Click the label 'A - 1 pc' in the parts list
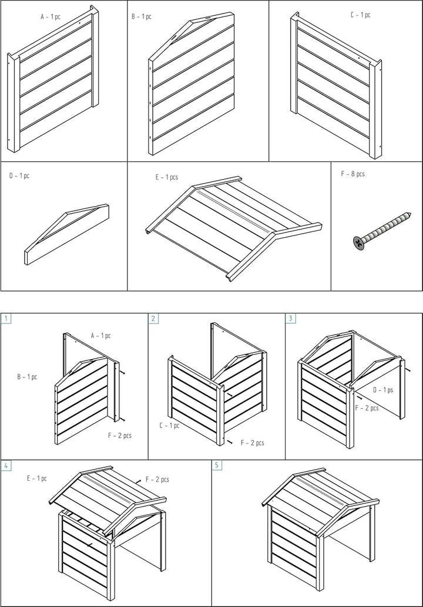(51, 17)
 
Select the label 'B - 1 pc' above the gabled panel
(141, 17)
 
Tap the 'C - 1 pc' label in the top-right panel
(360, 15)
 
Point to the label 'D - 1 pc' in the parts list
(19, 176)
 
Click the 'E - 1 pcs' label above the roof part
(167, 177)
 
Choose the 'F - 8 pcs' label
(352, 174)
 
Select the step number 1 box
(6, 319)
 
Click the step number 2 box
(153, 319)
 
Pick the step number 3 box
(290, 319)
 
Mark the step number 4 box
(6, 466)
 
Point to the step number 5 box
(217, 466)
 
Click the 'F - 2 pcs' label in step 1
(119, 436)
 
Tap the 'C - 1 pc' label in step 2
(169, 424)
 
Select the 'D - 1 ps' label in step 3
(383, 389)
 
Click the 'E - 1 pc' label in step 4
(36, 478)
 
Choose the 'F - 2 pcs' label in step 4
(157, 480)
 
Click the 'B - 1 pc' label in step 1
(27, 376)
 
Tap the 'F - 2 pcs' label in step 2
(252, 443)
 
